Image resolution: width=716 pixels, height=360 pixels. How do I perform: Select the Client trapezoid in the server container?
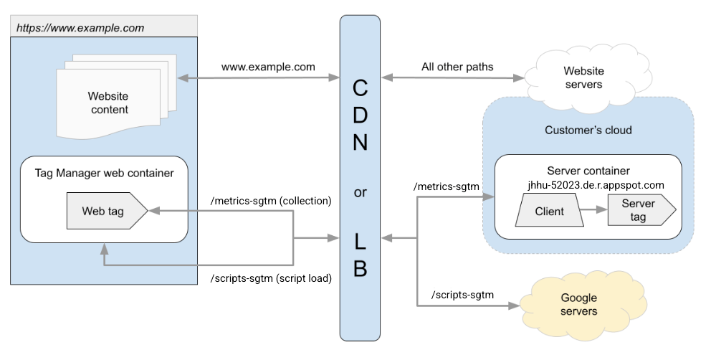pyautogui.click(x=550, y=212)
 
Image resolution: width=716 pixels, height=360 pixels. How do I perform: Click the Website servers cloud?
pyautogui.click(x=583, y=77)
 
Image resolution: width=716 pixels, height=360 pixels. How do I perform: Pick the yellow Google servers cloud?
pyautogui.click(x=578, y=305)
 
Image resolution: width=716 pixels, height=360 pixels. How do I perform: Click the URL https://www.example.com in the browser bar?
pyautogui.click(x=80, y=29)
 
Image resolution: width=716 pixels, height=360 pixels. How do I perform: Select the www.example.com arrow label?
pyautogui.click(x=268, y=67)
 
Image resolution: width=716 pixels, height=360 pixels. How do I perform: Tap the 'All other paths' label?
pyautogui.click(x=457, y=67)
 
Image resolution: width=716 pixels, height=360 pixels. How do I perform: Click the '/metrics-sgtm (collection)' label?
pyautogui.click(x=270, y=201)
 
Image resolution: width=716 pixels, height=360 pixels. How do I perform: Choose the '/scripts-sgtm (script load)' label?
pyautogui.click(x=270, y=278)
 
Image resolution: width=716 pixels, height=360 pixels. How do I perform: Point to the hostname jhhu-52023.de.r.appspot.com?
pyautogui.click(x=595, y=184)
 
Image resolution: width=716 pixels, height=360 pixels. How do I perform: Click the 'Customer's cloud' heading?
pyautogui.click(x=588, y=131)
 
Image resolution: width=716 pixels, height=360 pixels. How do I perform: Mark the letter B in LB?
pyautogui.click(x=361, y=268)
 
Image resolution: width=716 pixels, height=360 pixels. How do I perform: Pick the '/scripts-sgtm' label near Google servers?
pyautogui.click(x=463, y=295)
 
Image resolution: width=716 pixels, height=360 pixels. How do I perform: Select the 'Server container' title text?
pyautogui.click(x=588, y=171)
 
